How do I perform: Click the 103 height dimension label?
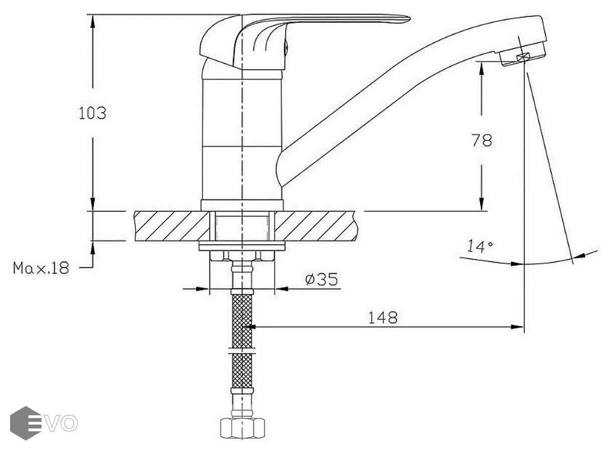[92, 113]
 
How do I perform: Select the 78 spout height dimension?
[482, 140]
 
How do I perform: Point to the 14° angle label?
[480, 246]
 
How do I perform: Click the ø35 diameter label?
[321, 279]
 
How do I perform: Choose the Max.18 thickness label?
[41, 268]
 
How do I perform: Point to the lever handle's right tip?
[410, 19]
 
